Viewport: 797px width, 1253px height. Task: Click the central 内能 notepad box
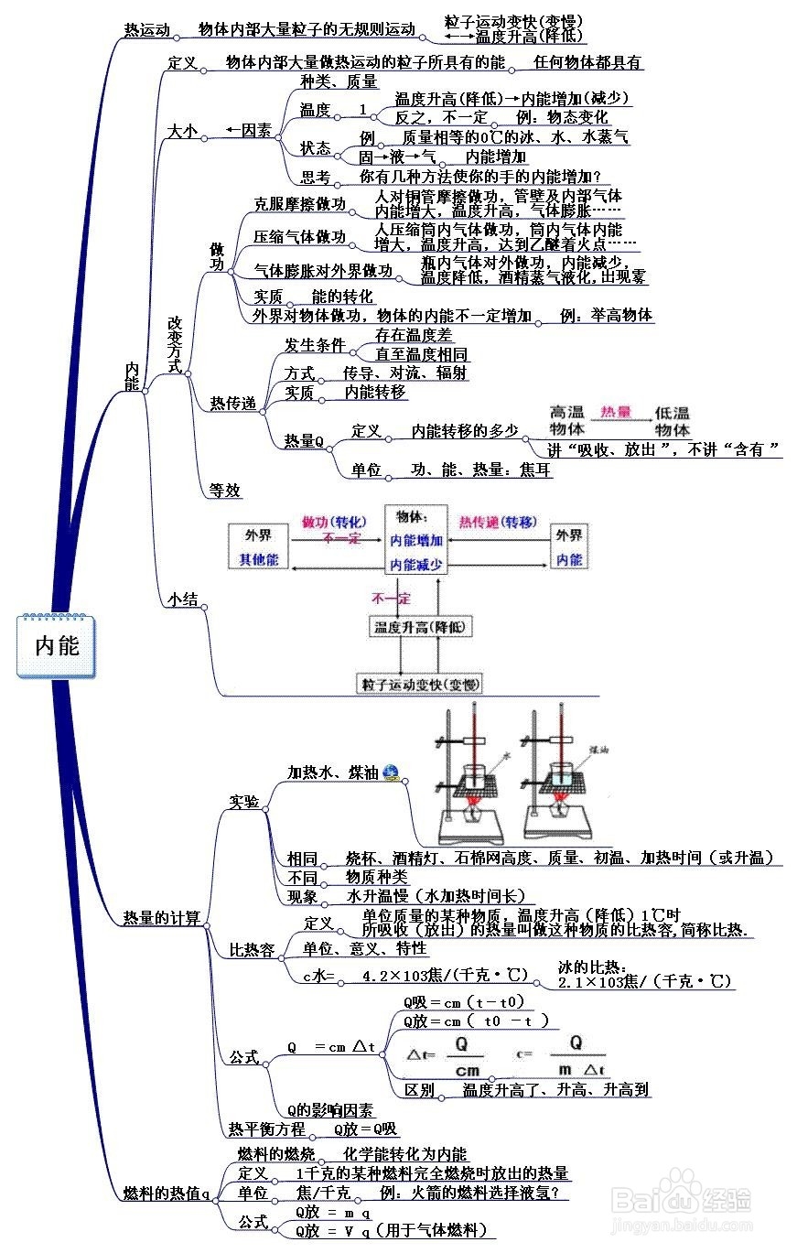pos(56,646)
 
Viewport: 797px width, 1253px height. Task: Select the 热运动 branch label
pos(147,29)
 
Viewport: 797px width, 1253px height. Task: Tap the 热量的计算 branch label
pos(161,918)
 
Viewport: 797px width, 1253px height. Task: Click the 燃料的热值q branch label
pos(167,1194)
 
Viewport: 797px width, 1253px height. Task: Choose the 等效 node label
pos(225,490)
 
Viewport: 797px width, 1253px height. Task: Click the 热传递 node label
pos(233,403)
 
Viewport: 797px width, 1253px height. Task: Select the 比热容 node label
pos(252,950)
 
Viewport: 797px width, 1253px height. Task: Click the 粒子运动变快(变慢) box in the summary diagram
pos(421,684)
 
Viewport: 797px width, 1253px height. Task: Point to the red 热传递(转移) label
pos(497,522)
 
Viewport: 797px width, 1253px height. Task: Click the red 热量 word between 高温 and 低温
pos(616,412)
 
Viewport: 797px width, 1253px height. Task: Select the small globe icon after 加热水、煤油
pos(391,772)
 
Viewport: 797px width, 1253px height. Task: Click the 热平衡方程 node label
pos(266,1129)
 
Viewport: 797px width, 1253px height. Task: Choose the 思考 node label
pos(316,177)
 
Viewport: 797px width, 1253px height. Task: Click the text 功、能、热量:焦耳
pos(481,470)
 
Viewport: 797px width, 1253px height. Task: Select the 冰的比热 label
pos(592,967)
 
